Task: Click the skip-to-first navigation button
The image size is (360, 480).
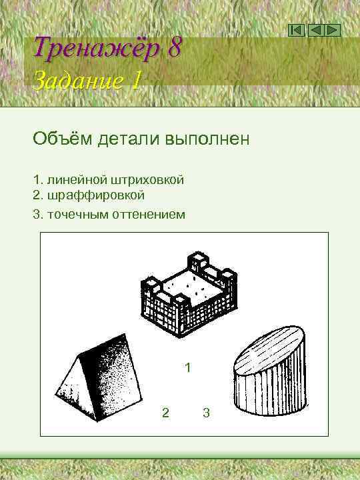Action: click(x=297, y=30)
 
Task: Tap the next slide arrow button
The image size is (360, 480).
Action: click(x=333, y=30)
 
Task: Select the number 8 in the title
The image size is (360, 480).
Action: click(x=175, y=48)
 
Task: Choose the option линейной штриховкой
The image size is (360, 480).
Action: click(x=114, y=180)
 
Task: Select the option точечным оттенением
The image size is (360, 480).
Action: click(x=115, y=215)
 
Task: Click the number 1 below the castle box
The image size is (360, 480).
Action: click(x=188, y=367)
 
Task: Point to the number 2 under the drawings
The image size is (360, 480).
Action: click(x=165, y=413)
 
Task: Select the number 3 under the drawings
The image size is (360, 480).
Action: click(x=206, y=413)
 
